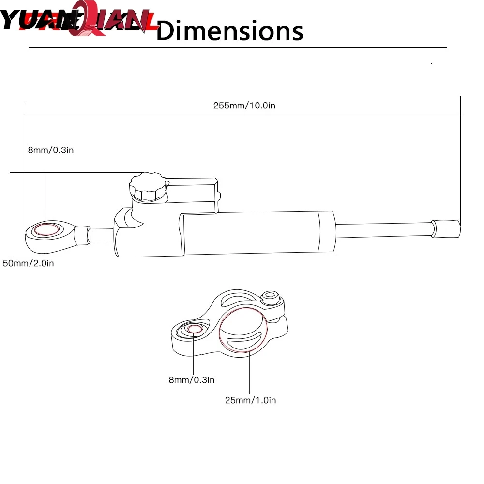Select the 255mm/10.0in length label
point(244,106)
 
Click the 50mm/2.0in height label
point(28,263)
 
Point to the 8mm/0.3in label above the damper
point(50,150)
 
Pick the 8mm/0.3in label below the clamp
point(191,380)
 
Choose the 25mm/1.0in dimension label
point(250,400)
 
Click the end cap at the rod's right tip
point(446,228)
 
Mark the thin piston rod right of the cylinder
point(382,229)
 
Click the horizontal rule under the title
point(237,48)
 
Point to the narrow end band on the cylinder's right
point(325,232)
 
